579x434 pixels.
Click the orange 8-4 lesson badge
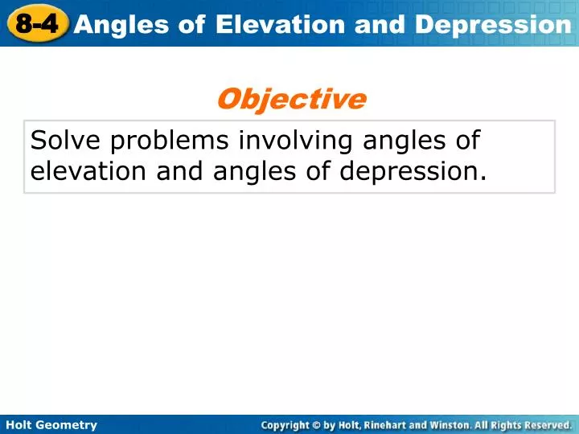pyautogui.click(x=37, y=23)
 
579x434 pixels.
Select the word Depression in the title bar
pyautogui.click(x=493, y=24)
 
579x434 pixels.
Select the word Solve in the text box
pyautogui.click(x=67, y=141)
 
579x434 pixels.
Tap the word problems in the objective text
pyautogui.click(x=171, y=141)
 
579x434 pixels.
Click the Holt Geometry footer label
pyautogui.click(x=51, y=424)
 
